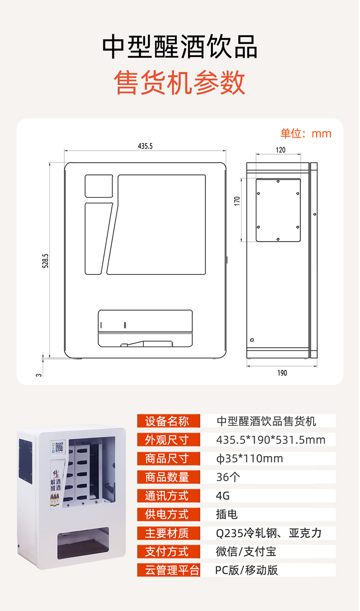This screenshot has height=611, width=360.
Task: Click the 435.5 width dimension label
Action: click(x=145, y=146)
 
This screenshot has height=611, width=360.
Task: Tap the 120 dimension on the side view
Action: click(x=281, y=150)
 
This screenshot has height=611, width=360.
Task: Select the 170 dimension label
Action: click(x=237, y=201)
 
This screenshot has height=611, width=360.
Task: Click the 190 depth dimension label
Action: click(x=282, y=373)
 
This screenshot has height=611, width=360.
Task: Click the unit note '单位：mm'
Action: click(x=306, y=134)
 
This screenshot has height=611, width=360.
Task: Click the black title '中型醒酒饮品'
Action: click(x=180, y=47)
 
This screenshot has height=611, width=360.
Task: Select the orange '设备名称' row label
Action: click(x=169, y=421)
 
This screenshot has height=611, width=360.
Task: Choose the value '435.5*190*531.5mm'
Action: click(x=271, y=440)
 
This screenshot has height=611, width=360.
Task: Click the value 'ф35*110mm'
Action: click(x=249, y=458)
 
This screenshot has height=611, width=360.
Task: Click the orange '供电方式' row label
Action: click(x=169, y=514)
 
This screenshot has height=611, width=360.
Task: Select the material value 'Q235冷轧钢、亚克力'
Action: click(x=269, y=533)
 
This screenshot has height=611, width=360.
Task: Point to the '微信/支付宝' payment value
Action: click(x=246, y=552)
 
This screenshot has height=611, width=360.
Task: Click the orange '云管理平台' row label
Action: click(x=169, y=570)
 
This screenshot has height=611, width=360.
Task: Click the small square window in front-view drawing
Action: click(x=98, y=186)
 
